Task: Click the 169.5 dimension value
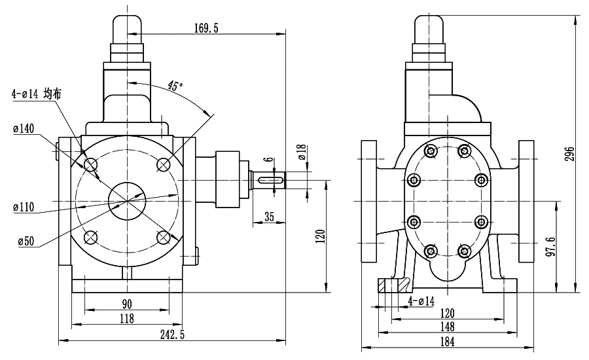[x=206, y=28]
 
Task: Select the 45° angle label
[x=175, y=86]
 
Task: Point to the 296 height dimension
[x=570, y=154]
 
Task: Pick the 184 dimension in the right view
[x=447, y=342]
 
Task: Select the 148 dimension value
[x=447, y=327]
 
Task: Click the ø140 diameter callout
[x=24, y=129]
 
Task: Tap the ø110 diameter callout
[x=24, y=207]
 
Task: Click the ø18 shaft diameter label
[x=302, y=153]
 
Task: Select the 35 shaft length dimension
[x=270, y=217]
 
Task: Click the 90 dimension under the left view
[x=127, y=304]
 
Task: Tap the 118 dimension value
[x=127, y=319]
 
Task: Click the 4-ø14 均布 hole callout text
[x=37, y=94]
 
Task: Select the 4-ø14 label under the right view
[x=421, y=301]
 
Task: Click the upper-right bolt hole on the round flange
[x=164, y=164]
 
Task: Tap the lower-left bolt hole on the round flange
[x=90, y=237]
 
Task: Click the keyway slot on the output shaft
[x=270, y=181]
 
